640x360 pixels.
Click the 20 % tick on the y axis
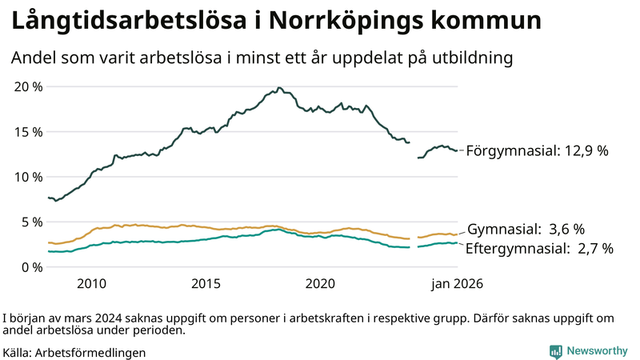click(x=28, y=86)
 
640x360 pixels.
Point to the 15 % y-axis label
click(x=28, y=131)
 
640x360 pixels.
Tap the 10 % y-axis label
click(x=28, y=177)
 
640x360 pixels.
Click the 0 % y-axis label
click(x=32, y=266)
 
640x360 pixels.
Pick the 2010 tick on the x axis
click(x=91, y=283)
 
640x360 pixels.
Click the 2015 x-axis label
click(x=206, y=283)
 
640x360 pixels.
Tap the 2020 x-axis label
click(x=320, y=283)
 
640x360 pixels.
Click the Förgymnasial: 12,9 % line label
click(x=537, y=150)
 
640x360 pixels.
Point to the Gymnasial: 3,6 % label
click(x=526, y=229)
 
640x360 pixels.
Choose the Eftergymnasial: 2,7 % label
click(x=539, y=249)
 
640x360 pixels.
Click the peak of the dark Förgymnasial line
click(x=278, y=88)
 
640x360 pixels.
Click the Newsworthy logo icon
click(x=555, y=350)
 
